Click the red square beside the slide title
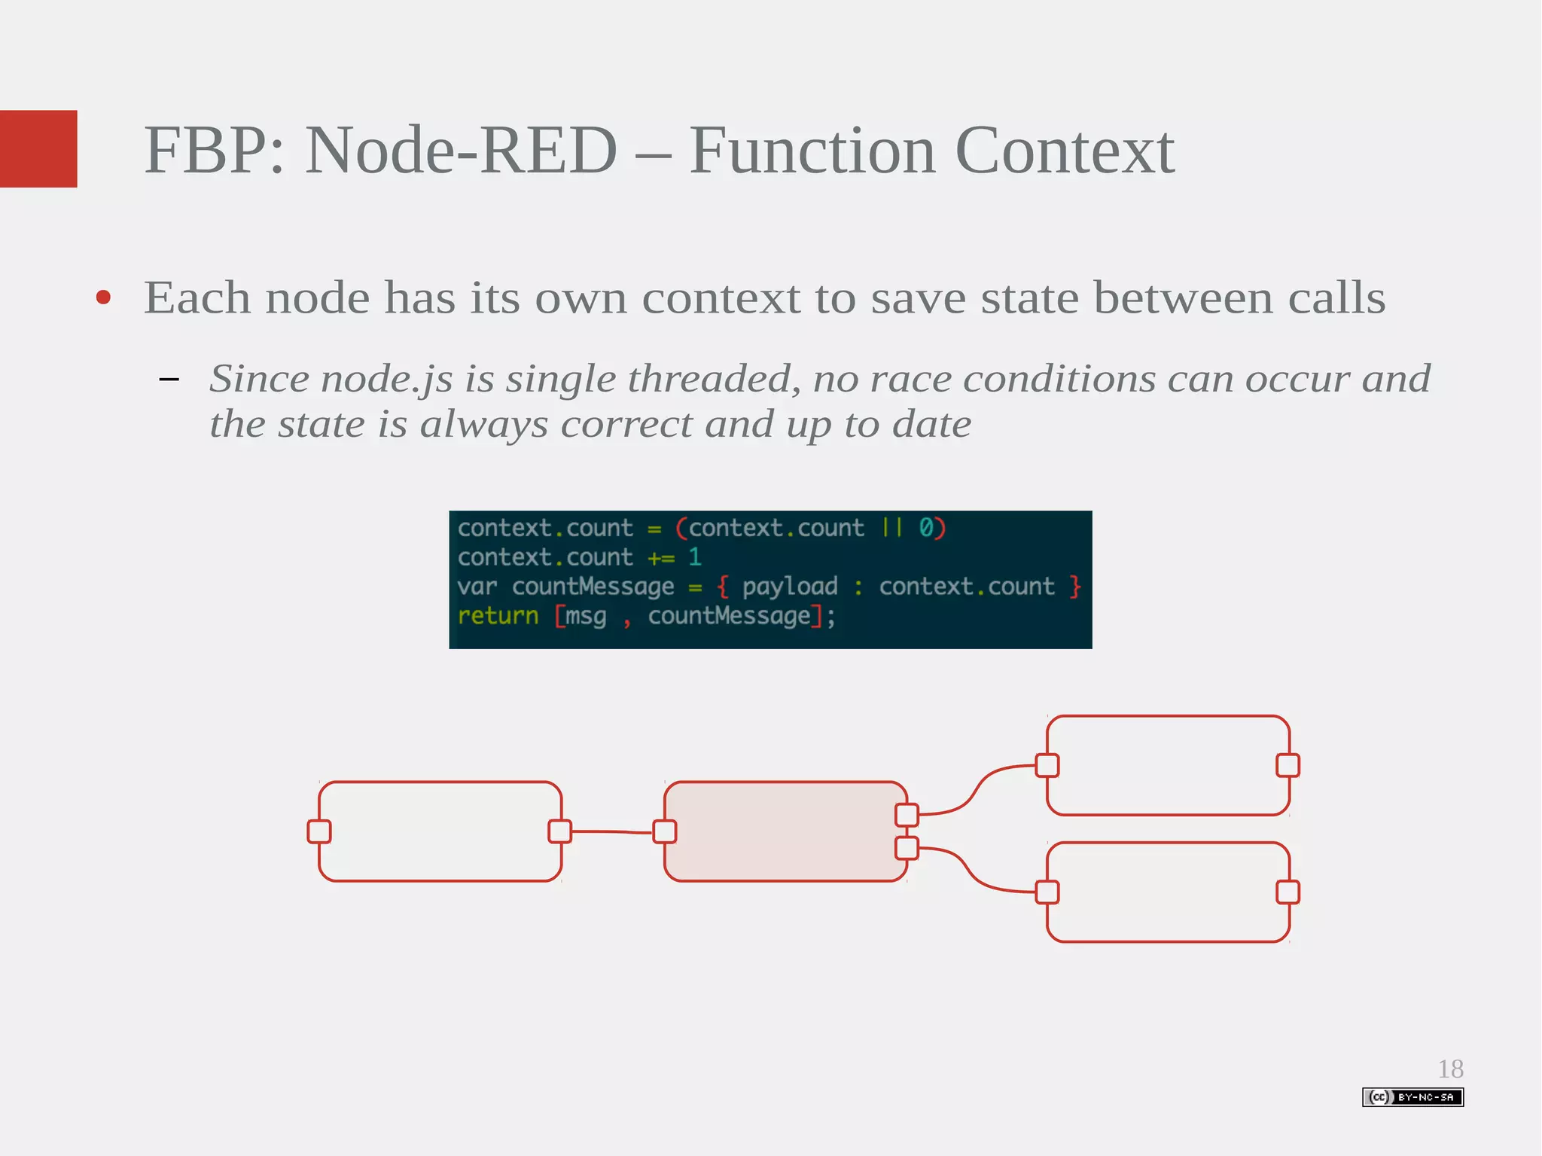point(38,148)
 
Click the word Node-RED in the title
point(461,151)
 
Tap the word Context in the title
point(1064,151)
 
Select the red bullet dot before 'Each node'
point(104,297)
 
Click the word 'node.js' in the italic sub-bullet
point(387,379)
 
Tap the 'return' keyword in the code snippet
point(498,616)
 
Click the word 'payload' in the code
point(790,587)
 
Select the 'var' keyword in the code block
point(477,587)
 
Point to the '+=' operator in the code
point(661,558)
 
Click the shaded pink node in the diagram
point(785,831)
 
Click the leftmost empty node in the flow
point(440,831)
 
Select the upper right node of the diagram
point(1168,765)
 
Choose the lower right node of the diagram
point(1168,892)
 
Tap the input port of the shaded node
point(665,831)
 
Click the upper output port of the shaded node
point(907,815)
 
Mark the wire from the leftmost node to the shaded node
point(611,832)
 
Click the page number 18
point(1450,1069)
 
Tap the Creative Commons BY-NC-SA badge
point(1412,1097)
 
